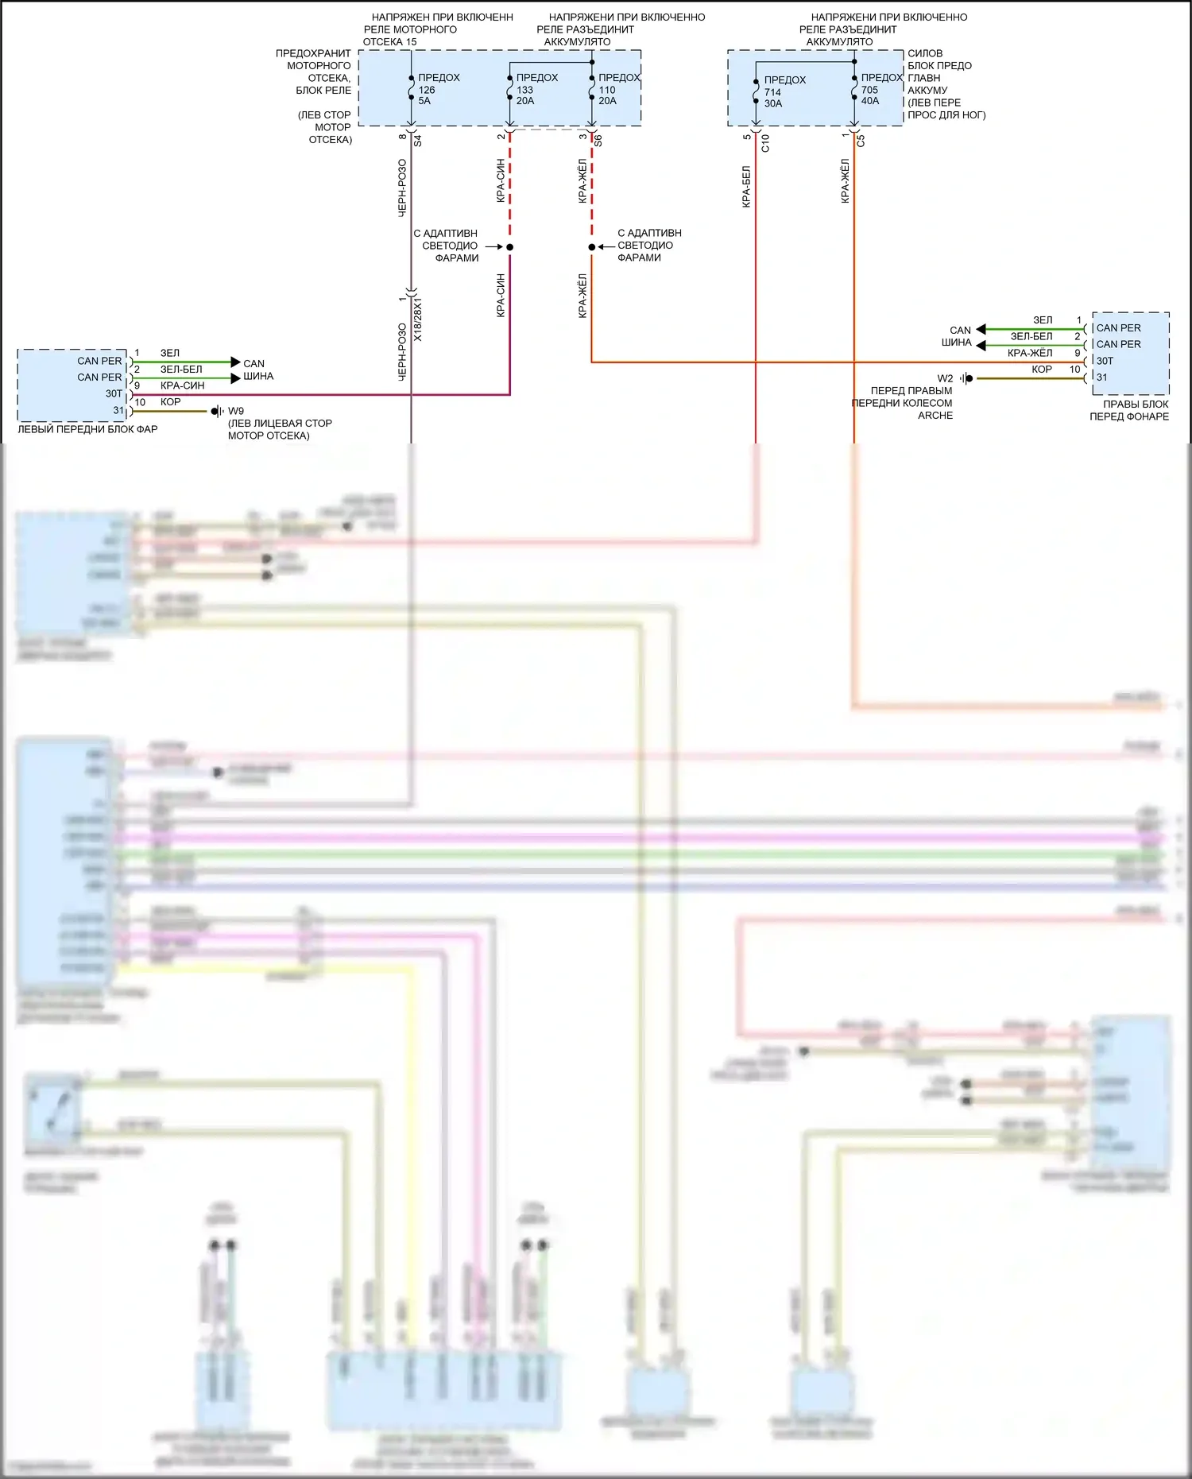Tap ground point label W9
click(x=236, y=411)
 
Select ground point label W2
click(x=945, y=378)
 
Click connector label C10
click(x=765, y=143)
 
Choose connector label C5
click(x=861, y=141)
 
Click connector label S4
click(x=418, y=141)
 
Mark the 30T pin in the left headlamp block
click(x=114, y=393)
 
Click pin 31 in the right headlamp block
click(x=1102, y=377)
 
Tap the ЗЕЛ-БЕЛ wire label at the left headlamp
click(x=181, y=370)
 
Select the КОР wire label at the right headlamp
click(x=1042, y=369)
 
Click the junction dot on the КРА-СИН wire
click(x=510, y=247)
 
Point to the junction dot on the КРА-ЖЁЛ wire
click(x=592, y=247)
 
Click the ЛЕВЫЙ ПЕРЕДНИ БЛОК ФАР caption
click(x=87, y=429)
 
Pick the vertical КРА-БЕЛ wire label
click(x=746, y=187)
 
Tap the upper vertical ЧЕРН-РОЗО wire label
click(x=402, y=188)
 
